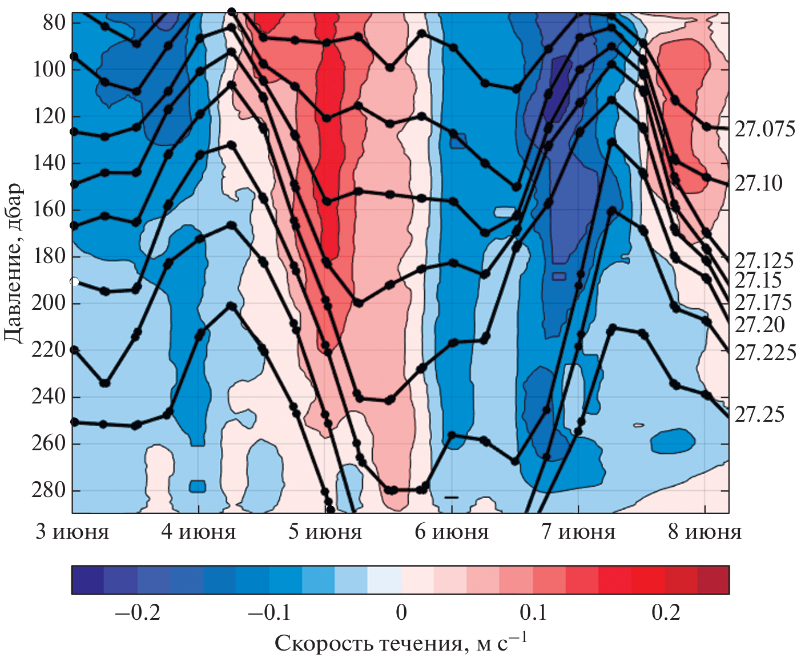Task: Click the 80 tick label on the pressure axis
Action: (54, 23)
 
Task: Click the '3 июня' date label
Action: (72, 532)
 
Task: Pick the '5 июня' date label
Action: (325, 532)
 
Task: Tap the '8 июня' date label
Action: (705, 532)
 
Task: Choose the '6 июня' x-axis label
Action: (452, 532)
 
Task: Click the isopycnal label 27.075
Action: (764, 130)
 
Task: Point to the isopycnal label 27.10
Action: (758, 183)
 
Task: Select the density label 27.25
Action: (759, 414)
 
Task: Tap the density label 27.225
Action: (764, 353)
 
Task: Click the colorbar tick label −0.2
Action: (138, 612)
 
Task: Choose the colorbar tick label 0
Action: (401, 612)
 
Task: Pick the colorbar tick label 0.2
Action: (666, 612)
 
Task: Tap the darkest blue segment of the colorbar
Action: (88, 580)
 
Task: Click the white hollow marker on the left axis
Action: (74, 281)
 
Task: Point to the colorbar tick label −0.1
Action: (269, 612)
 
